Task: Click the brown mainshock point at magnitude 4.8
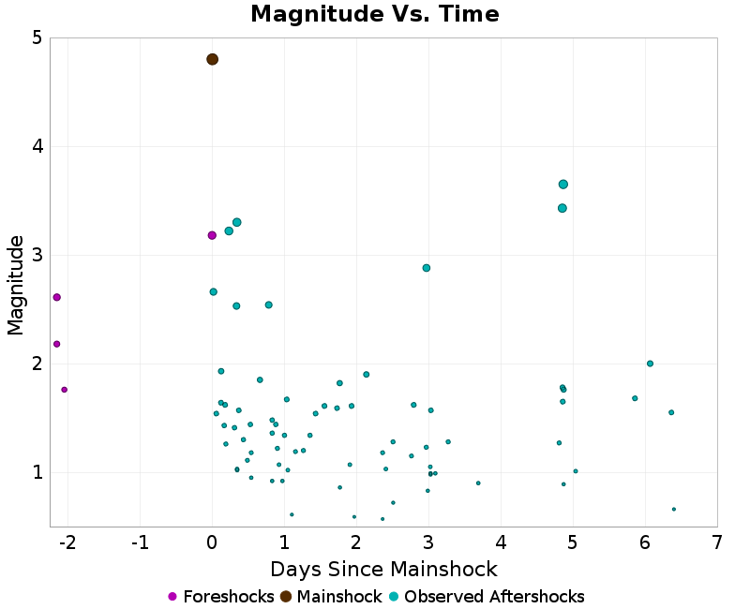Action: click(212, 59)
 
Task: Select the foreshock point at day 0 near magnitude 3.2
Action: click(212, 235)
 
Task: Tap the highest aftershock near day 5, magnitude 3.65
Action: click(562, 185)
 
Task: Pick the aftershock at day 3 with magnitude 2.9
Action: click(427, 268)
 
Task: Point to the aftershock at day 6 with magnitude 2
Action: click(650, 364)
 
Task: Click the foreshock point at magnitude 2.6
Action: click(56, 297)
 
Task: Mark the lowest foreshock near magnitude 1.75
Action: click(64, 390)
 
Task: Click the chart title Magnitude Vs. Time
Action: click(374, 15)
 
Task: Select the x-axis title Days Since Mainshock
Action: click(383, 570)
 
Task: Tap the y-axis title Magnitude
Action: click(16, 285)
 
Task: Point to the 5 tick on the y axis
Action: click(36, 38)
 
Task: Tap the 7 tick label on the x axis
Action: click(717, 542)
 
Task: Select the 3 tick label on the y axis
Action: click(36, 256)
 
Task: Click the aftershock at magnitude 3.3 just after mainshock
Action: click(237, 222)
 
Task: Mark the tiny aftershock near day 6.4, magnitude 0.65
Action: click(673, 509)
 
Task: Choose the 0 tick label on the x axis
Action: click(212, 542)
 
